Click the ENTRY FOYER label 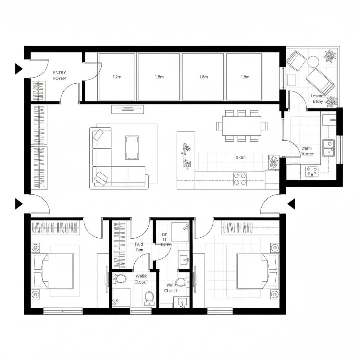point(59,76)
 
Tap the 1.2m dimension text point(117,77)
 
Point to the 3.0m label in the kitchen point(240,157)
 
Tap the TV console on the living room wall point(128,109)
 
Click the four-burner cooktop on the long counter point(240,179)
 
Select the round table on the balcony point(313,62)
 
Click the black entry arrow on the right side point(291,203)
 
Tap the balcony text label point(317,98)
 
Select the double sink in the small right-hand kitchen point(329,148)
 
